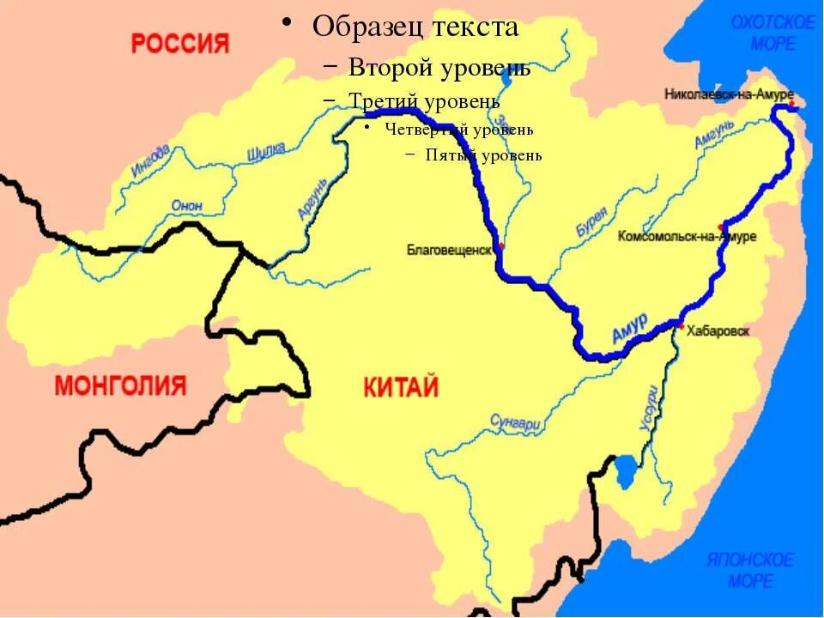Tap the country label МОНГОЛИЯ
point(120,385)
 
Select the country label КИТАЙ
point(401,387)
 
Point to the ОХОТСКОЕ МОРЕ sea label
point(772,33)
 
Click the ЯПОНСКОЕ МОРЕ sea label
point(750,570)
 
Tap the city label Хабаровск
point(719,330)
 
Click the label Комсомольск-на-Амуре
point(687,236)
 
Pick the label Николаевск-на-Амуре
point(729,94)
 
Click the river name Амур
point(630,331)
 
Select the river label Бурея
point(591,222)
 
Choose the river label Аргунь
point(313,198)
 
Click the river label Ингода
point(150,161)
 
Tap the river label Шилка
point(266,152)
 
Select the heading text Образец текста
point(415,27)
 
